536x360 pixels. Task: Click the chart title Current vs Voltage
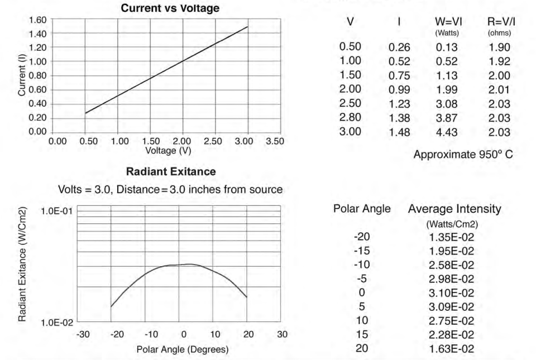(166, 8)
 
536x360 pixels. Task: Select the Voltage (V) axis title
(166, 150)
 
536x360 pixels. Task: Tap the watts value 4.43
(446, 132)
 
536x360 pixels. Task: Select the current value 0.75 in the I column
(399, 76)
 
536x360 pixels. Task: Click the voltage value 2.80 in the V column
(350, 117)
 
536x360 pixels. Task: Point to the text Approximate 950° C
(463, 155)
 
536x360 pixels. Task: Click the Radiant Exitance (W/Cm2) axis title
(22, 263)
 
